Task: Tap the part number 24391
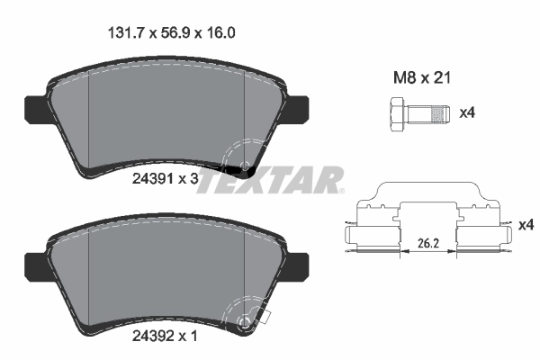click(x=153, y=179)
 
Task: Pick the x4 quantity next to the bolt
click(x=467, y=114)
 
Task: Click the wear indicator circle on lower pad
click(x=243, y=322)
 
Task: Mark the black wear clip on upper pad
click(x=241, y=168)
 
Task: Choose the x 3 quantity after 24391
click(x=189, y=179)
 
